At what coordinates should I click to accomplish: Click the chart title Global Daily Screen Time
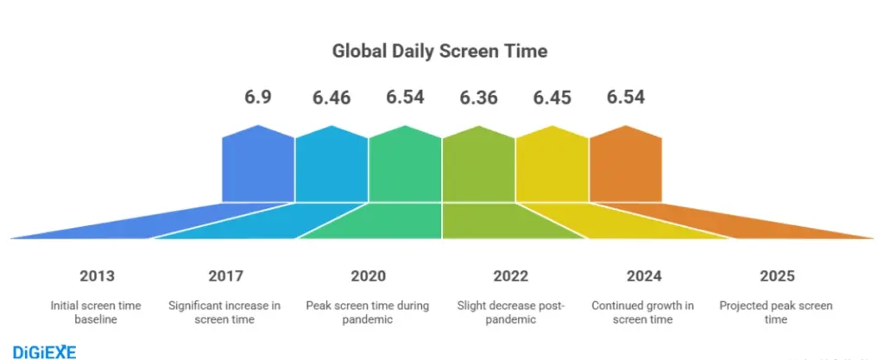point(440,51)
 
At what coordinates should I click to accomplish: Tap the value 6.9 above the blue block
point(259,97)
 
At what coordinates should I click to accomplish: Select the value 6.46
point(331,97)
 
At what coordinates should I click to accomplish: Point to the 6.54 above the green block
point(405,97)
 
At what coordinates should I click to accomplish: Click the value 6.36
point(478,97)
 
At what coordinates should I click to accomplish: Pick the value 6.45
point(552,97)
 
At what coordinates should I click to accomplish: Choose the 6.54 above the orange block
point(625,97)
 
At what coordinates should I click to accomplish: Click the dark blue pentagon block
point(259,164)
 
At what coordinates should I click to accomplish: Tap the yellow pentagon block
point(552,164)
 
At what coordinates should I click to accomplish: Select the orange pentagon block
point(625,164)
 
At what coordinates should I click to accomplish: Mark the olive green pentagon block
point(478,164)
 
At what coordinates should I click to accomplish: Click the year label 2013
point(96,276)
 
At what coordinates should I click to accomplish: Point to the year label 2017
point(225,276)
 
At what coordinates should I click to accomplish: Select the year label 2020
point(368,276)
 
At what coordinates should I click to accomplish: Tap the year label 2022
point(511,276)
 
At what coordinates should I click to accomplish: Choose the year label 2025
point(777,276)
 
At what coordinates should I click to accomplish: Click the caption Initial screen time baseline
point(96,313)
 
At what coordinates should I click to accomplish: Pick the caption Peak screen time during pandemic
point(368,313)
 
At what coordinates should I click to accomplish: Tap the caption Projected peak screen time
point(777,313)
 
